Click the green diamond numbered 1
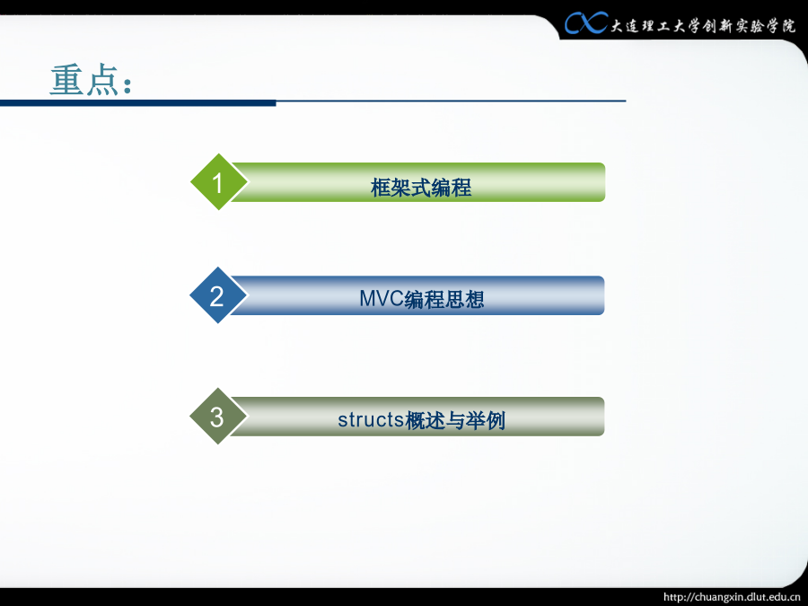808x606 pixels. pos(218,182)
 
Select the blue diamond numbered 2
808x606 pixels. pos(218,295)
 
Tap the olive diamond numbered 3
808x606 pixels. pos(218,416)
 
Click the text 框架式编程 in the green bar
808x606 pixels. pos(420,187)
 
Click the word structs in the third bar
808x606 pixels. pos(371,419)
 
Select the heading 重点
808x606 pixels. pos(91,80)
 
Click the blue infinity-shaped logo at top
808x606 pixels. pos(586,23)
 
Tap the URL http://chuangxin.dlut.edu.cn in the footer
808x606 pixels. pos(732,597)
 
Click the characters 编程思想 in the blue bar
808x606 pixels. pos(444,299)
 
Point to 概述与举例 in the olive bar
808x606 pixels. pos(455,420)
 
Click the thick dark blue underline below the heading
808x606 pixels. pos(138,103)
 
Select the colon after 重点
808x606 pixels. pos(127,85)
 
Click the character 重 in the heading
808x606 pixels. pos(66,80)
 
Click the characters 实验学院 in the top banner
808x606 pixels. pos(765,26)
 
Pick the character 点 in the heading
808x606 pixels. pos(102,81)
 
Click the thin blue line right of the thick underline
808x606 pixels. pos(451,101)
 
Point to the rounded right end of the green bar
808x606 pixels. pos(601,182)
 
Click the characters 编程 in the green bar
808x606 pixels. pos(451,187)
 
